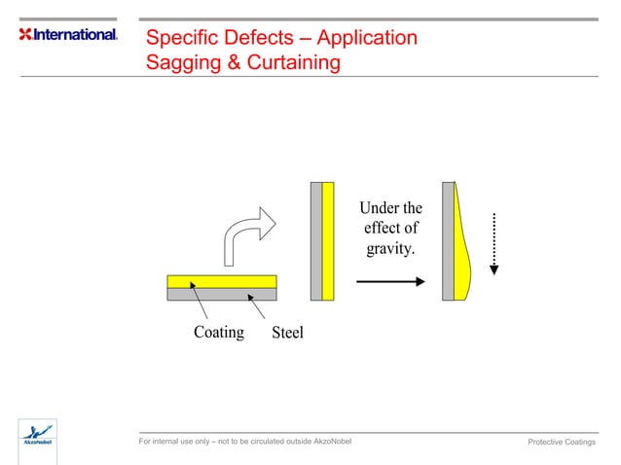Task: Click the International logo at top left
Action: pos(68,35)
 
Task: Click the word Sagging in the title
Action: pos(180,63)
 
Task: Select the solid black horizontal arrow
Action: pos(390,282)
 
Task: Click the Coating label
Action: pos(218,332)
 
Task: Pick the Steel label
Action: pos(287,333)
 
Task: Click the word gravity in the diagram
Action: pos(388,250)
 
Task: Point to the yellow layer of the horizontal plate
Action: pos(222,281)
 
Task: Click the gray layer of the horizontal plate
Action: pos(222,294)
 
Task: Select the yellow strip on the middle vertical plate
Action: pos(328,239)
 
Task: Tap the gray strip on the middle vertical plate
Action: pos(316,239)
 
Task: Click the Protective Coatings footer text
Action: pos(561,443)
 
